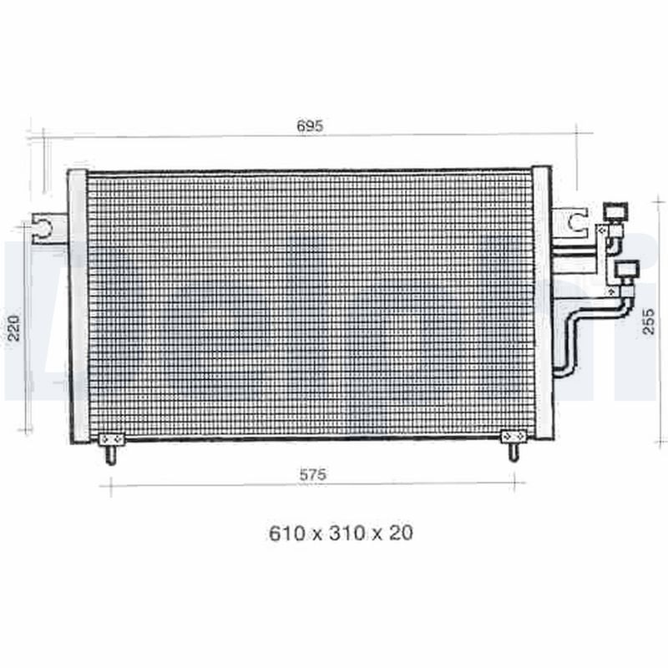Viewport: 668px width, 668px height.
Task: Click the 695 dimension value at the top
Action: click(x=309, y=126)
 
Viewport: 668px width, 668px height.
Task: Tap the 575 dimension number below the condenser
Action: click(x=312, y=474)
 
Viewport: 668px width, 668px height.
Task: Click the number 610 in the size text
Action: click(x=285, y=533)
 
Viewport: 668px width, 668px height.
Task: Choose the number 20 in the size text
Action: click(x=401, y=533)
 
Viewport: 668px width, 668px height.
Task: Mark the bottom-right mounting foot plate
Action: click(x=513, y=437)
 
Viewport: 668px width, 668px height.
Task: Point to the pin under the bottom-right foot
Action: click(x=513, y=452)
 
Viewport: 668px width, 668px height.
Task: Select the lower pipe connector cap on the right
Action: click(x=626, y=269)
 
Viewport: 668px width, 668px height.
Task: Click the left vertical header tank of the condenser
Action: click(x=78, y=305)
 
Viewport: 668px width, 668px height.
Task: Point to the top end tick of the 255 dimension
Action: click(x=660, y=200)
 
